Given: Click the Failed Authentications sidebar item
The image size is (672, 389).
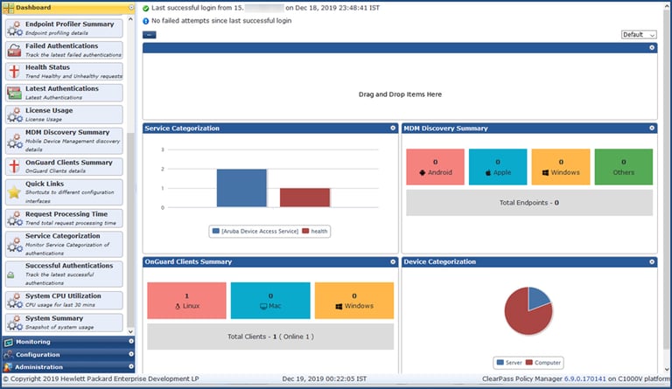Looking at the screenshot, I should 63,49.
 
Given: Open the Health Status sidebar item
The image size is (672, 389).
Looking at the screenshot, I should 63,71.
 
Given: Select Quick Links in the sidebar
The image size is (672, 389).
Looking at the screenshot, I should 63,188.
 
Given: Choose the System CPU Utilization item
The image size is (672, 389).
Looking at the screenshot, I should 63,300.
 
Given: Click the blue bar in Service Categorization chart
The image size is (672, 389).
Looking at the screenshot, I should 241,188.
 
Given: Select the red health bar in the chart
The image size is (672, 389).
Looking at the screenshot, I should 304,198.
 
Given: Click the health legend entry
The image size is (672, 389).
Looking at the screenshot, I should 318,232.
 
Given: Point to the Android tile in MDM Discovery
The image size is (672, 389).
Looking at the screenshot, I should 435,167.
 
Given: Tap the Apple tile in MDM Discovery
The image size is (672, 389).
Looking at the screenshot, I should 497,167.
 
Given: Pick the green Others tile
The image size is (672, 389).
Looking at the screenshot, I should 623,167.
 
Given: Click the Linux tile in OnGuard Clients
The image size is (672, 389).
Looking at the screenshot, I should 186,301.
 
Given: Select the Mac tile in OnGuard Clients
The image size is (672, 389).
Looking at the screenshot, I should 270,301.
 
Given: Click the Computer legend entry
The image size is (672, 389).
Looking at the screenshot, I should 544,363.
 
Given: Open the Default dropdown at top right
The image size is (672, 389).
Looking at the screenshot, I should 638,35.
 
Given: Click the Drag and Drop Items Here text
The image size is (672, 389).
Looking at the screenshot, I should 400,94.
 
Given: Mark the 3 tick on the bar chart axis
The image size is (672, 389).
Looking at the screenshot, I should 162,149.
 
